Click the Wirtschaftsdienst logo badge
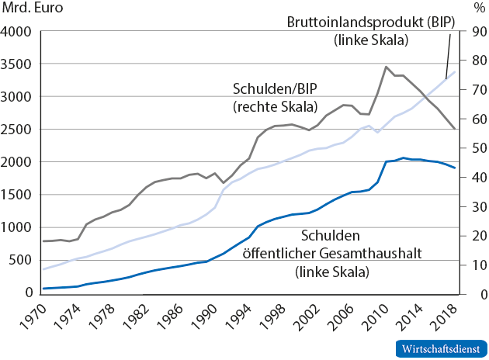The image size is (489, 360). (439, 348)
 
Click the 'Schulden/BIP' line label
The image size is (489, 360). (269, 90)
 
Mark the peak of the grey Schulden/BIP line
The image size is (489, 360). (386, 67)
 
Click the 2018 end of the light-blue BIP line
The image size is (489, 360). (455, 72)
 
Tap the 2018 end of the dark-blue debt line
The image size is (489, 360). (455, 168)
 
